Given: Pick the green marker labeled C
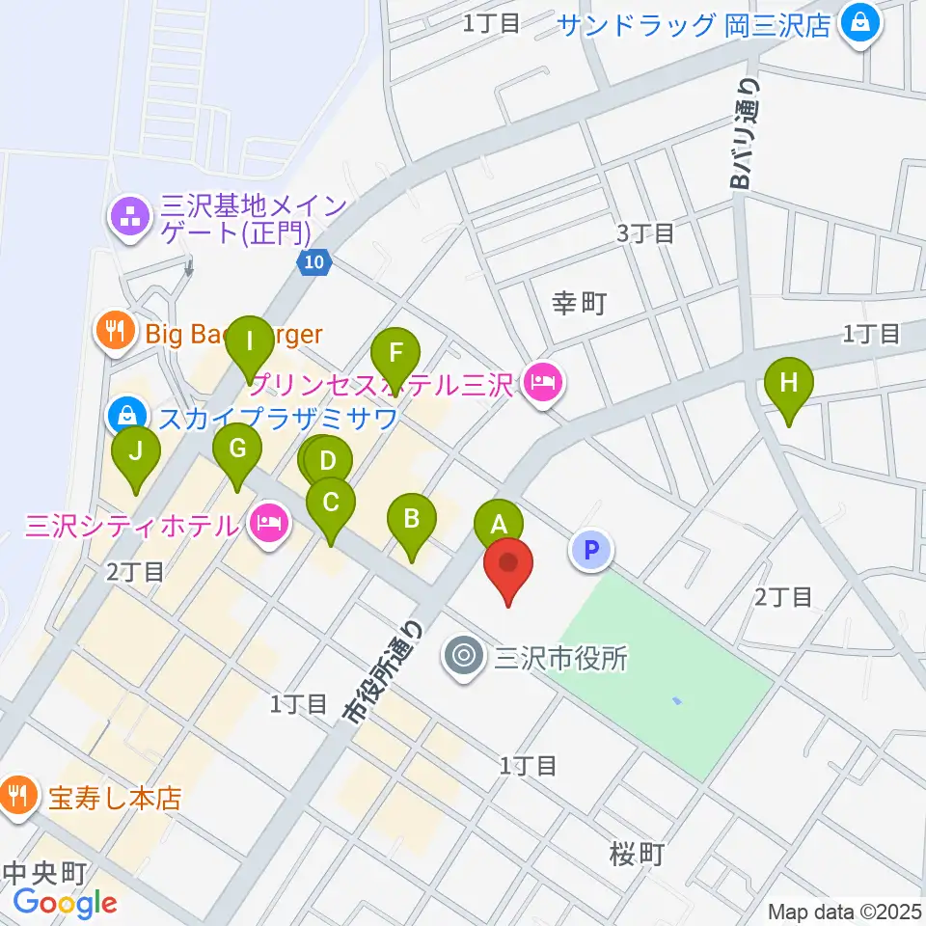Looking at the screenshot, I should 331,503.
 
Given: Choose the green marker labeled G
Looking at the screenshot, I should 236,448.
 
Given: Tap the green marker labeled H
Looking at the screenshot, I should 789,382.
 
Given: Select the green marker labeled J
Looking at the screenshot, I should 136,450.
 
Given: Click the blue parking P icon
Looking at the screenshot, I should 592,551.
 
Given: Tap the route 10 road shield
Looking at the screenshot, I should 314,261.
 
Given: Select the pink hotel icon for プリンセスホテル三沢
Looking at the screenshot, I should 543,384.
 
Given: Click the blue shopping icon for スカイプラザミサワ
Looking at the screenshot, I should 127,417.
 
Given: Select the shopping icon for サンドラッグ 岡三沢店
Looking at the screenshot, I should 857,23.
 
